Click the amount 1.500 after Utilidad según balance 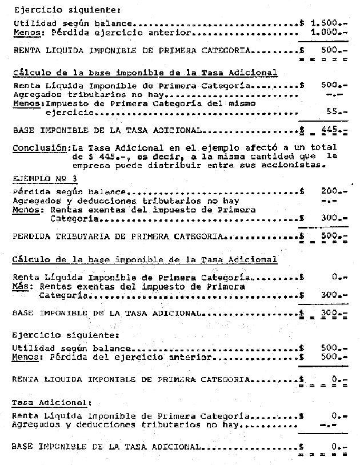326,23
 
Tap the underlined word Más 21,287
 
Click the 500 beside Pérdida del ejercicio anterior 331,358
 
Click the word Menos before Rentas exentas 25,210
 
